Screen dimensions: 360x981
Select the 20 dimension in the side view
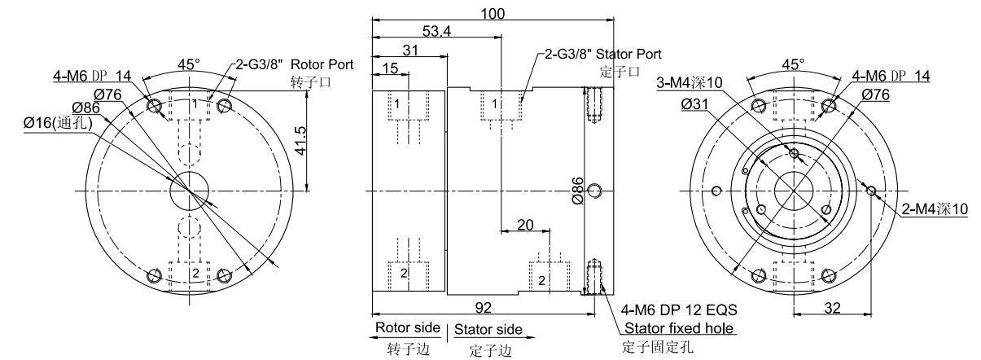point(524,224)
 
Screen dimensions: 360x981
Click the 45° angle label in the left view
point(190,64)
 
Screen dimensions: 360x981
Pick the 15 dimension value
point(391,69)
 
